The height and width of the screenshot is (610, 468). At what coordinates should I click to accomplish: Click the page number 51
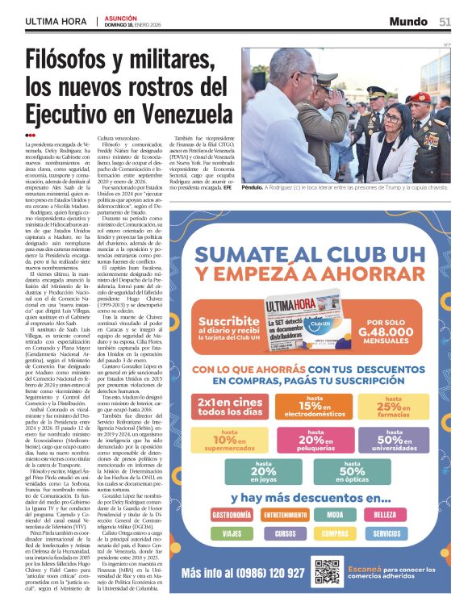[445, 21]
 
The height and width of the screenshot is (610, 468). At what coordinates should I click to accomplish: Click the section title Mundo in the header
[408, 21]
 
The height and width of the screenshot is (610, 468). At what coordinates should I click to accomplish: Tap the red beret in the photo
[419, 97]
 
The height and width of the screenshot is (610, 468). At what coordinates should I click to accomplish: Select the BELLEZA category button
[387, 514]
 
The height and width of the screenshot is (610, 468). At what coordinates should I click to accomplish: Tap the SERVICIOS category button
[387, 533]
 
